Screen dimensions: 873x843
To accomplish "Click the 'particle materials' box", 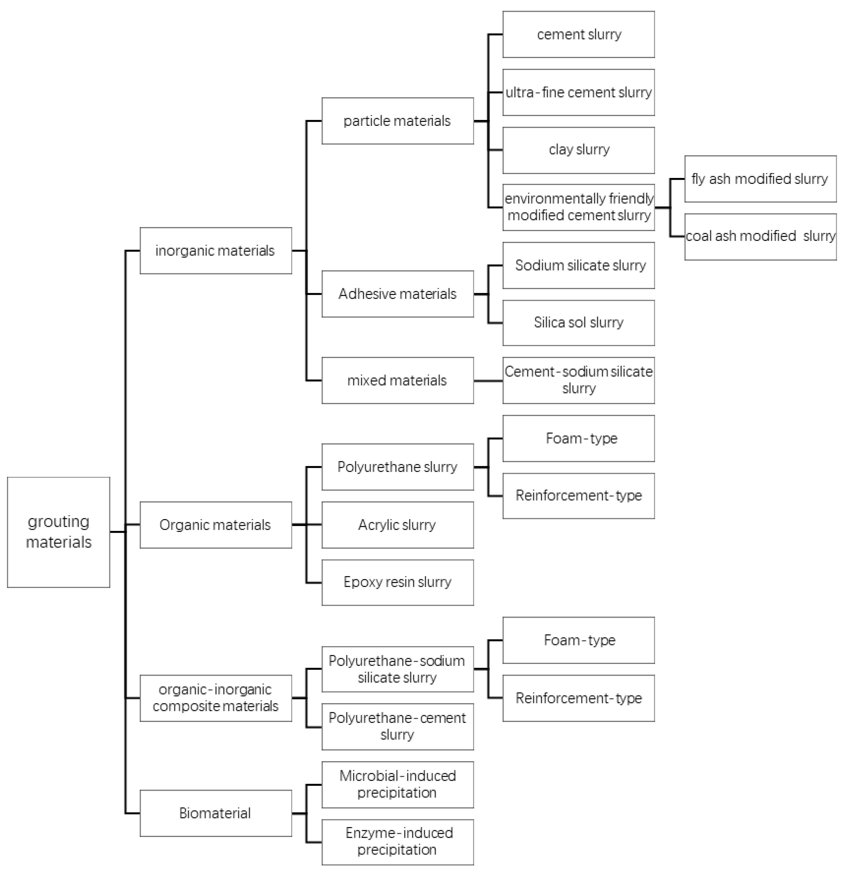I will pyautogui.click(x=397, y=121).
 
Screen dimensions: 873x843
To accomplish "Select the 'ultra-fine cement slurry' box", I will pyautogui.click(x=579, y=92).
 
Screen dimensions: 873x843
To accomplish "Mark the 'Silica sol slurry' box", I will pyautogui.click(x=579, y=322).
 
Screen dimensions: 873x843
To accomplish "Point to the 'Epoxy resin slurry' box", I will pyautogui.click(x=397, y=582).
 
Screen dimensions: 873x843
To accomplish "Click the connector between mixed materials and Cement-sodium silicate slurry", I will pyautogui.click(x=488, y=381).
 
